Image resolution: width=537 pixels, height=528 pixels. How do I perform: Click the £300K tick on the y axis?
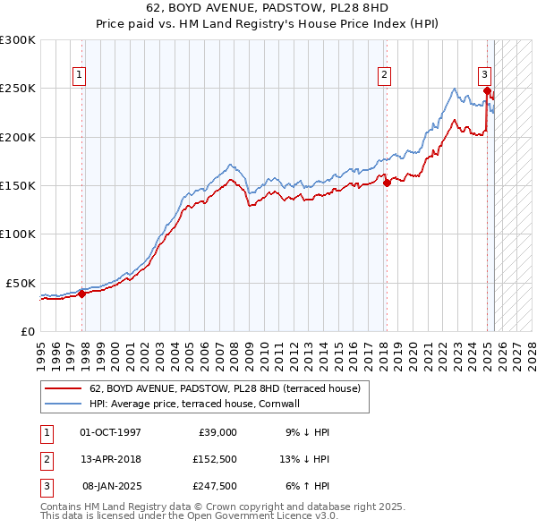(18, 40)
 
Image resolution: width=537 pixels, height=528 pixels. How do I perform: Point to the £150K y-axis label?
(18, 186)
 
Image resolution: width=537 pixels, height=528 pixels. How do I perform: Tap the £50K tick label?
(21, 283)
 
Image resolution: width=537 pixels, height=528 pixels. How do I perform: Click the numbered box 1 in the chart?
(81, 75)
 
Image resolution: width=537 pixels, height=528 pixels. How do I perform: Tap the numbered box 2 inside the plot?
(384, 75)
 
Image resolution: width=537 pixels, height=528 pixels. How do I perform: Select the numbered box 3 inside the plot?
(484, 75)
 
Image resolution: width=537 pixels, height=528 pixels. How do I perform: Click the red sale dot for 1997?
(81, 293)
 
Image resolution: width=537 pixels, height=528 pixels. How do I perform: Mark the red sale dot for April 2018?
(388, 183)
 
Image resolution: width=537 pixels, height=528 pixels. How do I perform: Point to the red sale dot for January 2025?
(487, 90)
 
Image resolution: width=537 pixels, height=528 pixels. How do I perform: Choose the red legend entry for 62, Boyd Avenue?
(224, 388)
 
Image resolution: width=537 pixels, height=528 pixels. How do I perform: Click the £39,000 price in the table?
(216, 431)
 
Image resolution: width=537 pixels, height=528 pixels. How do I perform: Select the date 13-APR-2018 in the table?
(111, 458)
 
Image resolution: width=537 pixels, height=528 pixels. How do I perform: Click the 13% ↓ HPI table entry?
(305, 458)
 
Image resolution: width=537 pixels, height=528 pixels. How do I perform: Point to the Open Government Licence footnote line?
(190, 516)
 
